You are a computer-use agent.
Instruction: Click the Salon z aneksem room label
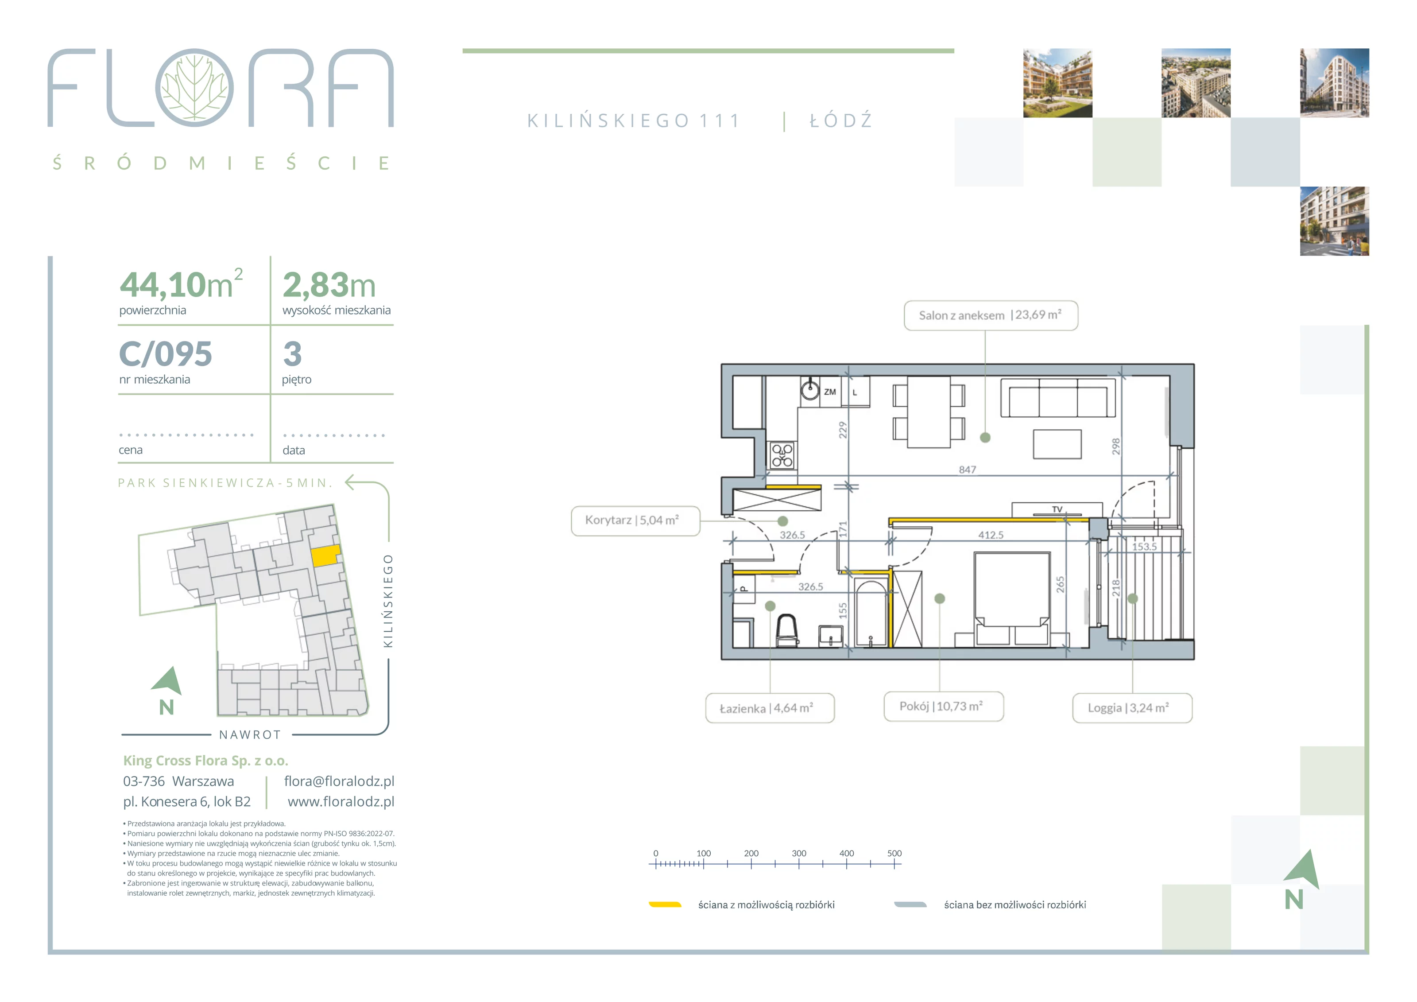click(991, 315)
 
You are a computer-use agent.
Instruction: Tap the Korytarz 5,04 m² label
click(635, 520)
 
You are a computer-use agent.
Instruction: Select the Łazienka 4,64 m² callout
click(770, 708)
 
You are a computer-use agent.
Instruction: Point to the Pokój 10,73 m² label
click(943, 706)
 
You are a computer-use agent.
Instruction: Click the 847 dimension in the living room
click(967, 470)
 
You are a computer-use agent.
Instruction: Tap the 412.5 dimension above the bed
click(991, 535)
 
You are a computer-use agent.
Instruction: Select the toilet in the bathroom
click(786, 630)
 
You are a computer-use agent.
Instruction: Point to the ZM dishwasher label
click(830, 392)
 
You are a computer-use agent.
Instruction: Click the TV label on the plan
click(1057, 509)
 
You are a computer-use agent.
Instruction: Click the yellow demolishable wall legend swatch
click(665, 905)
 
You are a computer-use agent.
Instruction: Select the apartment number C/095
click(166, 354)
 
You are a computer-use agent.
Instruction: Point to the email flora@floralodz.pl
click(339, 781)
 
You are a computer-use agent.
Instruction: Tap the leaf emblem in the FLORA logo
click(194, 88)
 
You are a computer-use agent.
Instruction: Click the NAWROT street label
click(250, 735)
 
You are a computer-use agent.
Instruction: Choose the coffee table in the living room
click(1057, 444)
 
